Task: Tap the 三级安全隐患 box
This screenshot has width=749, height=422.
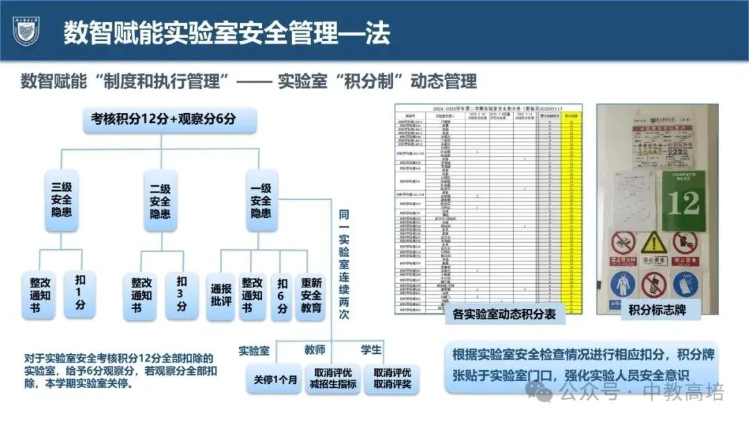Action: [61, 200]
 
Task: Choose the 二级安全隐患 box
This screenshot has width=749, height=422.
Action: [160, 200]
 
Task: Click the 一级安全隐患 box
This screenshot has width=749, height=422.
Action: [261, 200]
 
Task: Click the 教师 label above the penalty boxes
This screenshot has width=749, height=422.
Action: [315, 349]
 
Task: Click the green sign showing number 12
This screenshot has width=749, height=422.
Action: [683, 201]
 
